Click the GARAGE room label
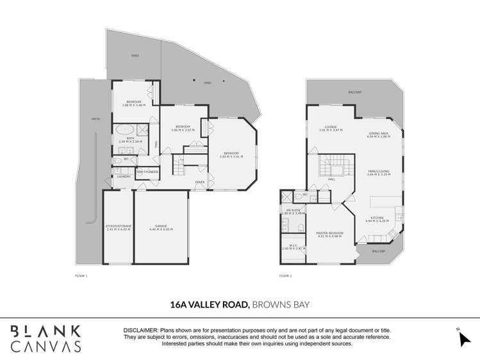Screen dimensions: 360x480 click(x=161, y=227)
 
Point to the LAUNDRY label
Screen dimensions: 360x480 click(x=124, y=176)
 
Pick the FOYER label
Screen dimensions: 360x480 click(x=200, y=182)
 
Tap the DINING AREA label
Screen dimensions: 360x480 click(x=378, y=134)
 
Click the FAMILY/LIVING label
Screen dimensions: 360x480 click(x=378, y=172)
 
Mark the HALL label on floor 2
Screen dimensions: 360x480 click(x=332, y=179)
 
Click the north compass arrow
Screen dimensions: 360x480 click(x=464, y=338)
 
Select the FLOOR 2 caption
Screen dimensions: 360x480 click(x=285, y=275)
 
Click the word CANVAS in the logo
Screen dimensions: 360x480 click(x=45, y=346)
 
